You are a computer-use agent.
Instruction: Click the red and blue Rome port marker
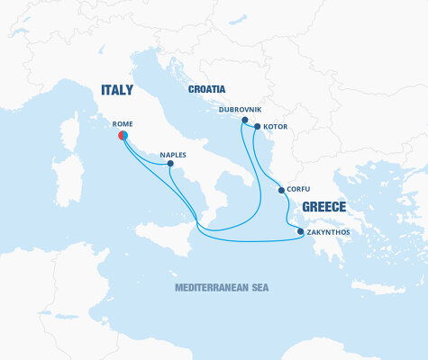coord(123,136)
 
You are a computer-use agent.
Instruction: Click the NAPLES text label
coord(173,154)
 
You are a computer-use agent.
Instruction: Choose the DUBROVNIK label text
coord(239,110)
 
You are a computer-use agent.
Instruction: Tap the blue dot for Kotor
coord(257,127)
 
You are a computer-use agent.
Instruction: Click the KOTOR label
coord(276,127)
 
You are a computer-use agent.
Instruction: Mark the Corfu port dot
coord(282,190)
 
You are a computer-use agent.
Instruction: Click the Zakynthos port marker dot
coord(300,232)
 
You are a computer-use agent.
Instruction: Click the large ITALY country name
coord(116,90)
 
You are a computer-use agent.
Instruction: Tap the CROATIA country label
coord(206,89)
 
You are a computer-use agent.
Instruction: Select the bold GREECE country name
coord(324,206)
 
